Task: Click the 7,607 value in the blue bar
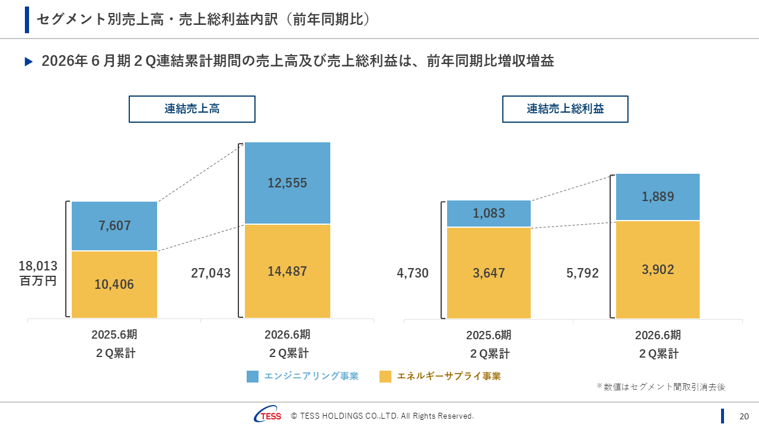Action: tap(114, 226)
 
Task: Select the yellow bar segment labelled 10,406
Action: tap(114, 285)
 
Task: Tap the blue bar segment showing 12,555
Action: tap(288, 183)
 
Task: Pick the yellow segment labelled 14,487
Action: tap(288, 272)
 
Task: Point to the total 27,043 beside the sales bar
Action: tap(211, 273)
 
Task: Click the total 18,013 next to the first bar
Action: tap(39, 266)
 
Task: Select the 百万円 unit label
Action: tap(39, 281)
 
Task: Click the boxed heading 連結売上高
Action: tap(192, 109)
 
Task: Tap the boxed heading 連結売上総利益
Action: tap(565, 109)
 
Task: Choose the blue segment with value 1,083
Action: tap(489, 213)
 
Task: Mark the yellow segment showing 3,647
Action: tap(489, 273)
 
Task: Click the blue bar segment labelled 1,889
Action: tap(658, 197)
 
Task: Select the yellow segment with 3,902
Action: tap(658, 270)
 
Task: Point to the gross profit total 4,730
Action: tap(413, 273)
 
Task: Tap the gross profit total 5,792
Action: tap(582, 273)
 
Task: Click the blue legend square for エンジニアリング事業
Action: tap(253, 377)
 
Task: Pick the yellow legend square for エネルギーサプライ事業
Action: tap(385, 377)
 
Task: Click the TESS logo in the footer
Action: tap(268, 416)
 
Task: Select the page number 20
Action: tap(744, 416)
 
